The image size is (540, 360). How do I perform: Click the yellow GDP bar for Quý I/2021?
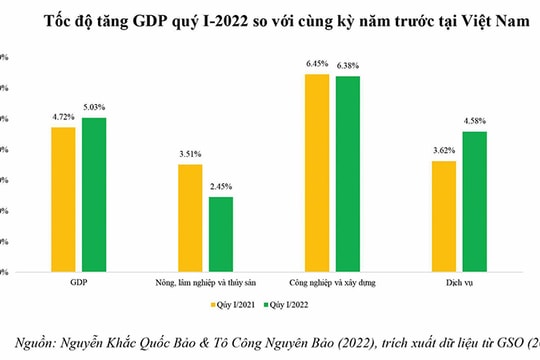coord(63,199)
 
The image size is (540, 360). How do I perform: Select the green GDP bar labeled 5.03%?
coord(94,194)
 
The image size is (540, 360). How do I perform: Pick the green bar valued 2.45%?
coord(221,234)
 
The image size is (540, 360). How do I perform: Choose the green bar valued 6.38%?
coord(347,173)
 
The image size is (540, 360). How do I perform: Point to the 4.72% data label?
coord(63,118)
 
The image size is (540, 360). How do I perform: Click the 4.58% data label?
coord(475,123)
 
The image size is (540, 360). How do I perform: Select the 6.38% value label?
coord(348,67)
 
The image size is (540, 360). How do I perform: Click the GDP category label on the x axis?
coord(79,283)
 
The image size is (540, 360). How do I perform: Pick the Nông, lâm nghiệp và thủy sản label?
coord(205,283)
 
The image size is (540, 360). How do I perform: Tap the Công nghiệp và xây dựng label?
coord(332,283)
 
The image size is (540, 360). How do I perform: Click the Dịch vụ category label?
coord(459,283)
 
